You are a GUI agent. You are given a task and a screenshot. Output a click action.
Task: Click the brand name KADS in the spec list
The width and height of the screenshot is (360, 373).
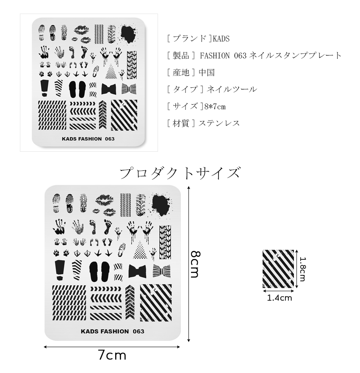tap(221, 39)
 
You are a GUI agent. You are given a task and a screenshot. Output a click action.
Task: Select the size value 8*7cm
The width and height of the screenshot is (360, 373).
tap(214, 106)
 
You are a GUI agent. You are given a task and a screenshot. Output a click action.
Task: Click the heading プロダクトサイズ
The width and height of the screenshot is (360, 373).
tap(180, 173)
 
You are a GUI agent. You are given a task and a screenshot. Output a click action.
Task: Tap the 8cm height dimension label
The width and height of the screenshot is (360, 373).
tap(194, 263)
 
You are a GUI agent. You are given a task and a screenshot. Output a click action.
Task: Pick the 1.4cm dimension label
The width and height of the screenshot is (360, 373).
tap(279, 298)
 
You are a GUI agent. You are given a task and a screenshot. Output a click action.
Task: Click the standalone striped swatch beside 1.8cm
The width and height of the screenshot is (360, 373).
tap(278, 269)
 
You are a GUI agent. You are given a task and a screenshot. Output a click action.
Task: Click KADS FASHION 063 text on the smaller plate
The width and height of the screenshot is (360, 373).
tap(88, 139)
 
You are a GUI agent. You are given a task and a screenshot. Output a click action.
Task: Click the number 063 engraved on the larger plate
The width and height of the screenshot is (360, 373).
tap(138, 331)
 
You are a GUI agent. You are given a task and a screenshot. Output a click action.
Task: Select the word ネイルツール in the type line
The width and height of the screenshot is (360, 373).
tap(230, 89)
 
